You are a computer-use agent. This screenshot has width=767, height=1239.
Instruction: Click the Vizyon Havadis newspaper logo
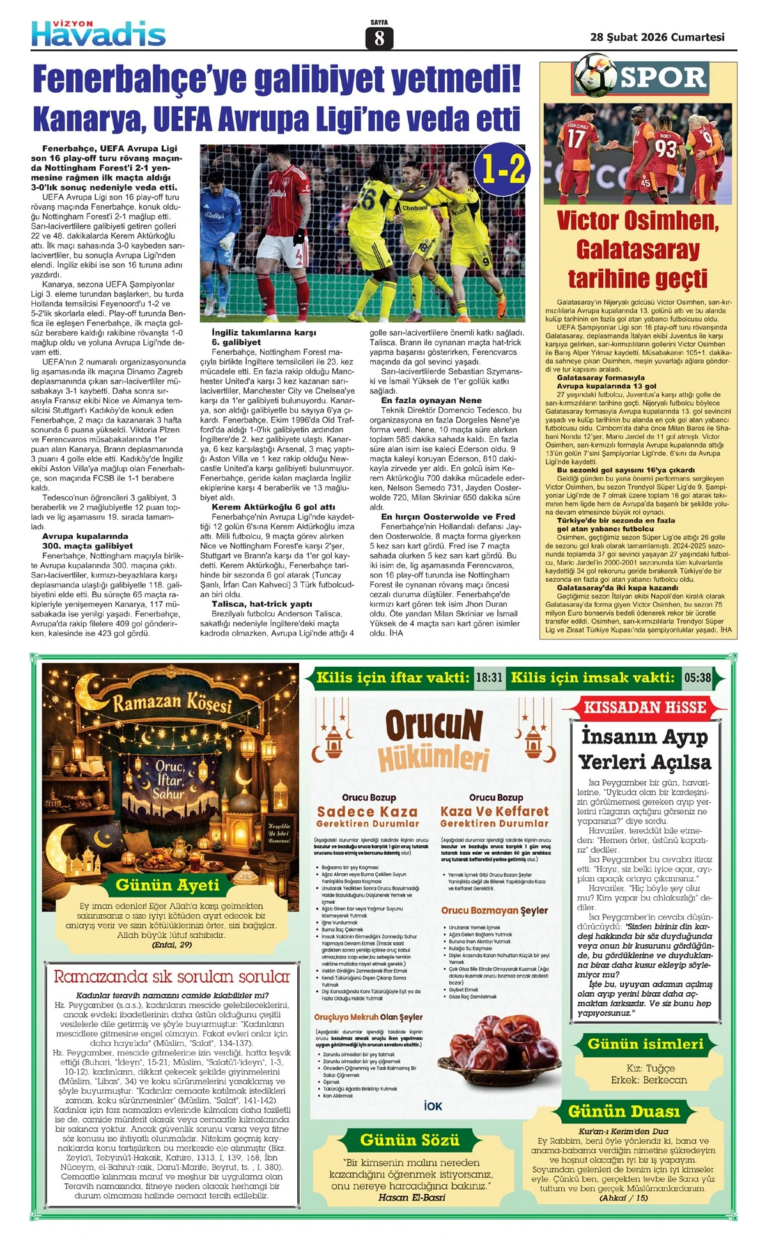click(98, 33)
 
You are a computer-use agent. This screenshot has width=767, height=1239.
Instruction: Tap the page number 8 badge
click(379, 38)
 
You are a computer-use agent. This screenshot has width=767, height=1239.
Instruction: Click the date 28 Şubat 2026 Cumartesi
click(657, 37)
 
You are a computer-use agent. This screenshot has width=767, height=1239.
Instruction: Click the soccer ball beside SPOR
click(595, 75)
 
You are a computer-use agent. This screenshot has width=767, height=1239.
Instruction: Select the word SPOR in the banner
click(663, 78)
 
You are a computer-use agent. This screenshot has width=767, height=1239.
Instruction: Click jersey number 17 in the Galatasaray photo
click(575, 138)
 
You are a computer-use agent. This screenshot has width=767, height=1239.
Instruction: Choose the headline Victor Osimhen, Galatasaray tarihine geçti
click(637, 249)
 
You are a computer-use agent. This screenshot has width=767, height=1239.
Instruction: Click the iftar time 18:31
click(489, 678)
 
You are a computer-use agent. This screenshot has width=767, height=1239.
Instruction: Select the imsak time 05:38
click(697, 678)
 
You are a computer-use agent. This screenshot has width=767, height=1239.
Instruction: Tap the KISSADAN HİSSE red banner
click(645, 708)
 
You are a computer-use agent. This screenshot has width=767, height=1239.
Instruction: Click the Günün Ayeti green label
click(167, 885)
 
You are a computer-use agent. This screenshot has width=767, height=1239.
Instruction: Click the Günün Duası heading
click(624, 1111)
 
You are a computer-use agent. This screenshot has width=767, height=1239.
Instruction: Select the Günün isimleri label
click(645, 1044)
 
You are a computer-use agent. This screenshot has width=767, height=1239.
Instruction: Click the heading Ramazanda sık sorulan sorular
click(171, 976)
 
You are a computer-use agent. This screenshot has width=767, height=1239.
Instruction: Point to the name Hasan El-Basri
click(412, 1197)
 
